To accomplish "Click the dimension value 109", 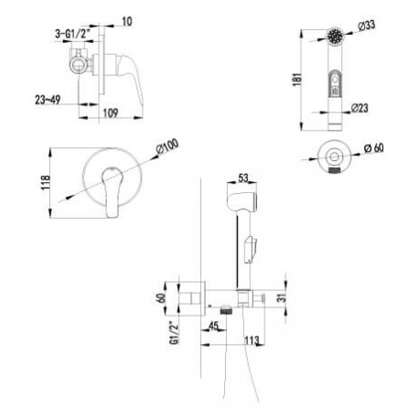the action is tap(111, 113).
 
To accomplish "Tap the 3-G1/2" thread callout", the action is tap(73, 35).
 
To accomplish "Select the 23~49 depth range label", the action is tap(48, 100).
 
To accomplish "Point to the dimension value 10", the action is tap(127, 21).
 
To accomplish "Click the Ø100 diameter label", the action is tap(167, 147).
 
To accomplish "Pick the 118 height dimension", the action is tap(45, 183).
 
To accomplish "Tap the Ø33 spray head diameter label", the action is tap(366, 26).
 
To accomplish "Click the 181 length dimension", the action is tap(297, 79).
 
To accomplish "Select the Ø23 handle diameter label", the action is tap(360, 108).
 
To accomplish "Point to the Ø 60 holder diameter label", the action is tap(374, 148).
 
